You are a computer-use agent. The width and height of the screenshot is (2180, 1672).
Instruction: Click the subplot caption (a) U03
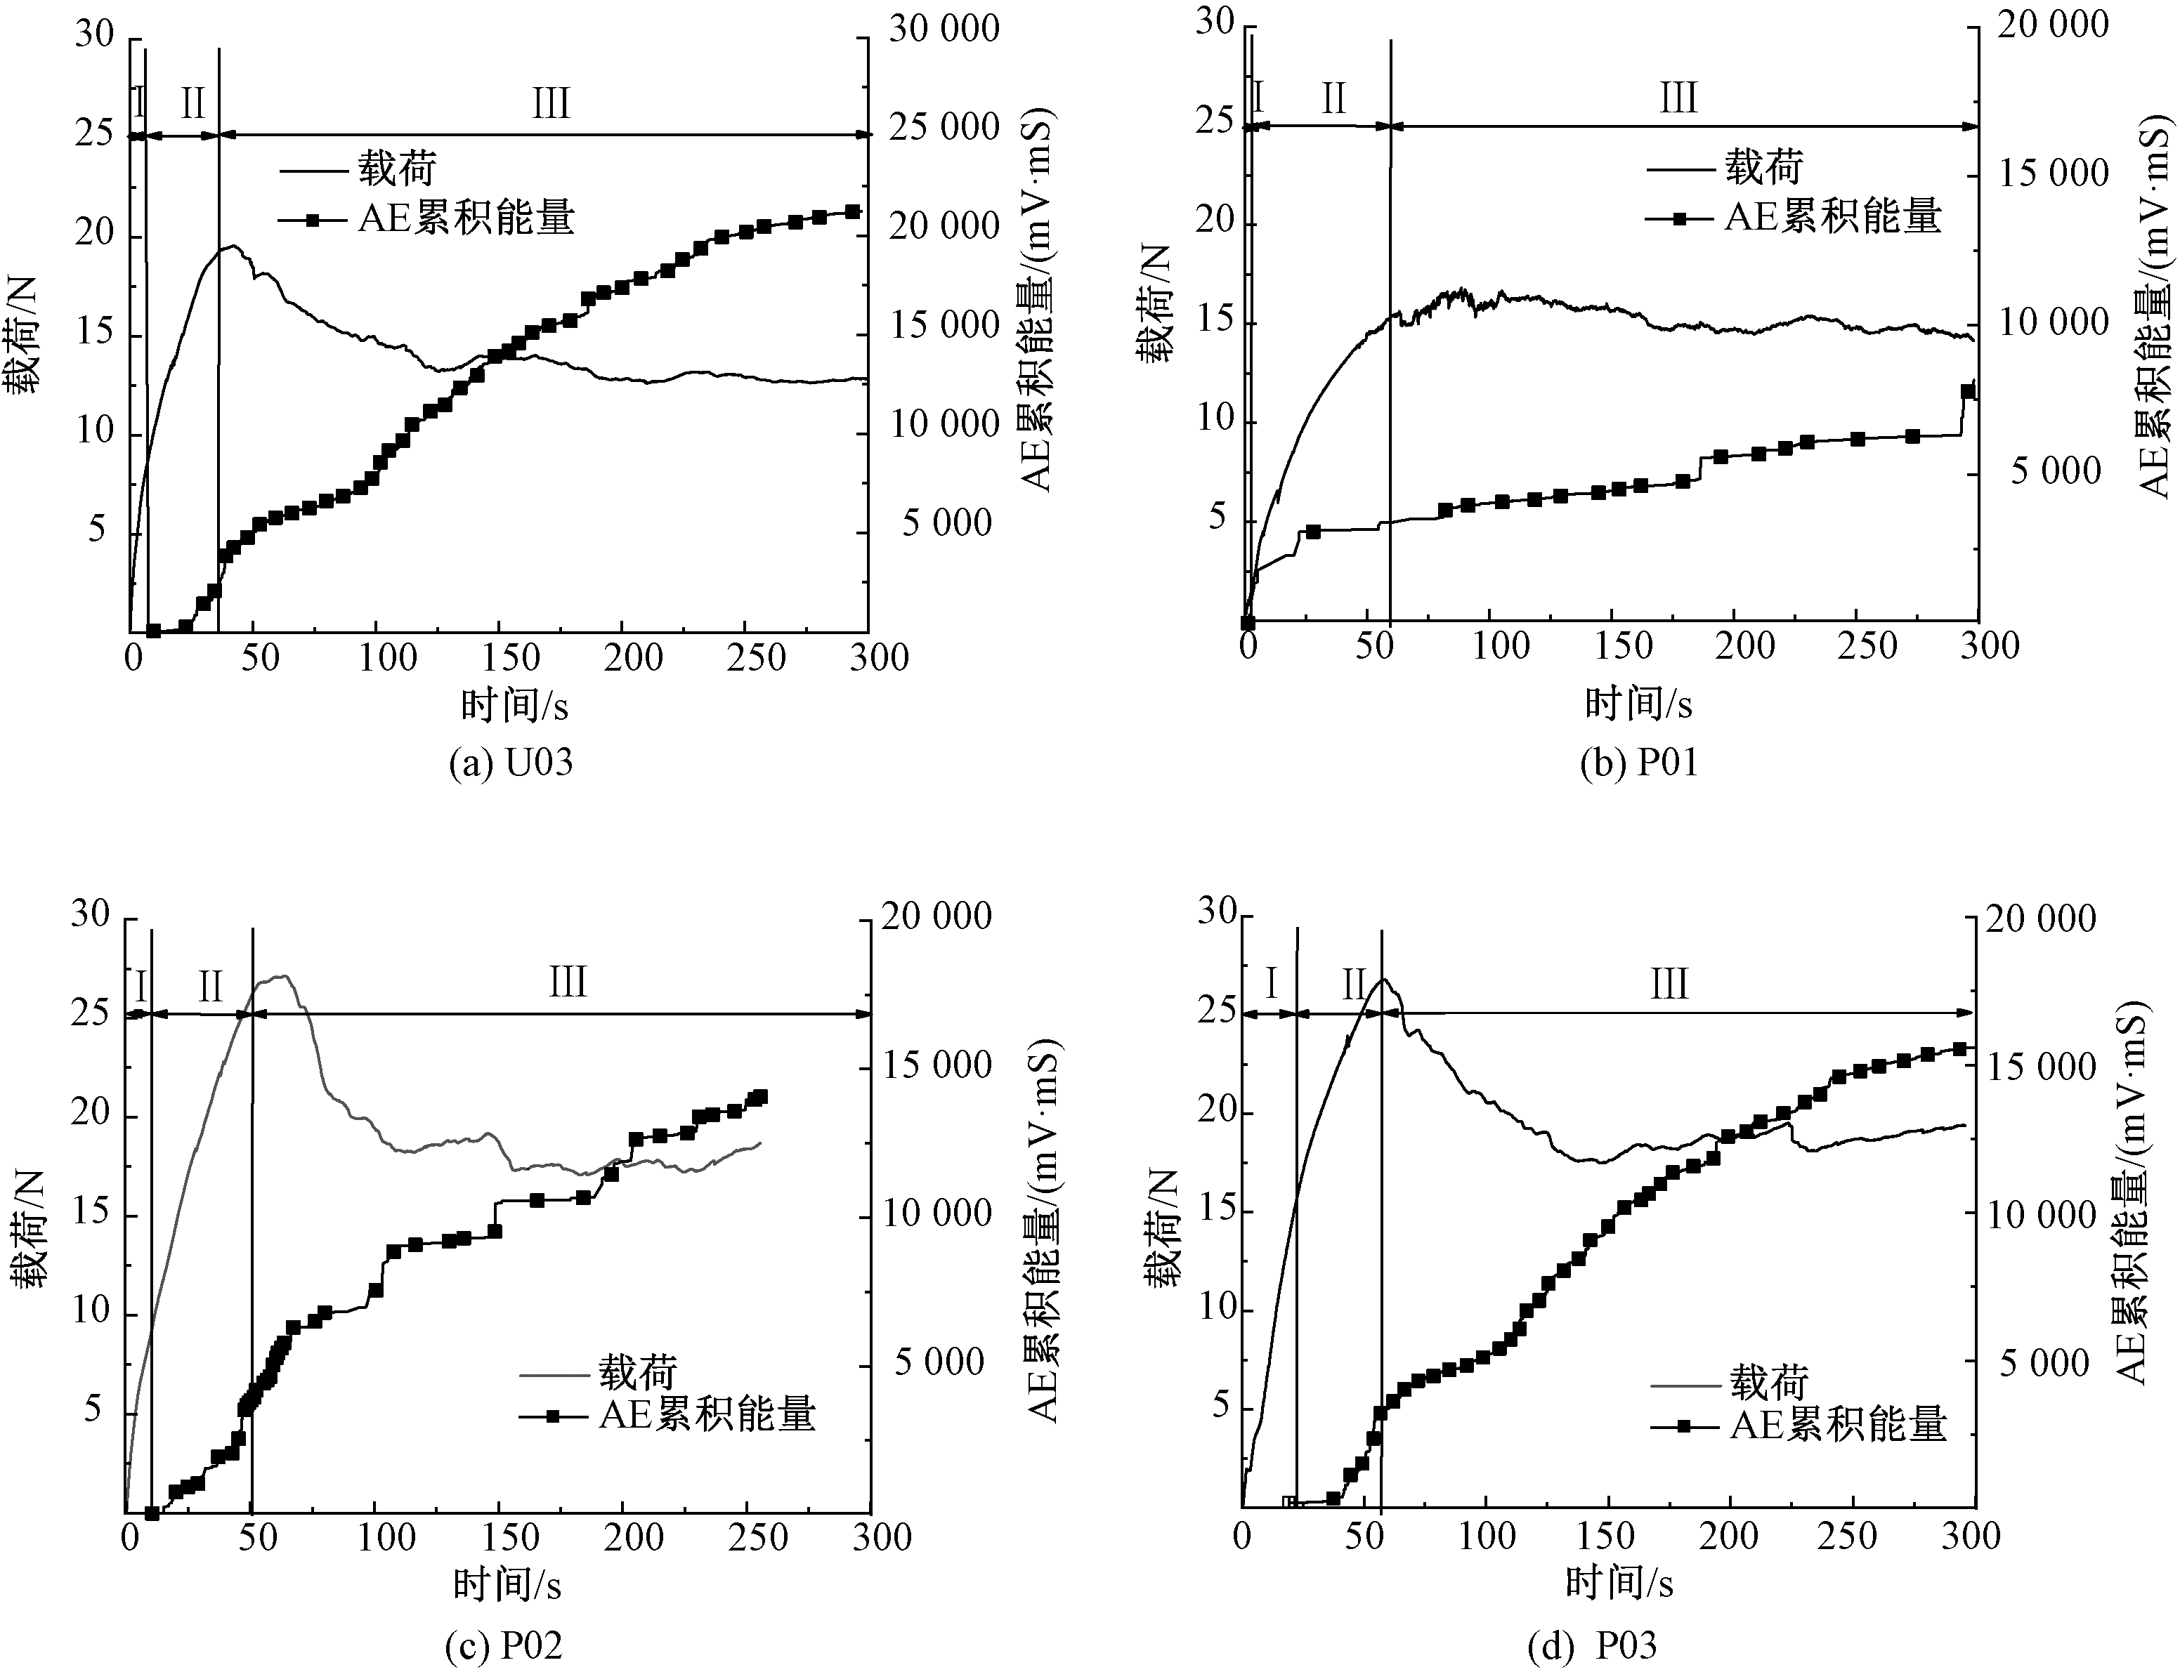pyautogui.click(x=511, y=763)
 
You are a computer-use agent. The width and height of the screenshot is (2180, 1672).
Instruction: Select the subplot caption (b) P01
pyautogui.click(x=1638, y=763)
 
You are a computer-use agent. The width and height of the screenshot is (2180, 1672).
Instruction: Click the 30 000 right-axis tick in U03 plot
pyautogui.click(x=944, y=29)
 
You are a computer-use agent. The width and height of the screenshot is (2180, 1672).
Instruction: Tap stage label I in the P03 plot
pyautogui.click(x=1271, y=985)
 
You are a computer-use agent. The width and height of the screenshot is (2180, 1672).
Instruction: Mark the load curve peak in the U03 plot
pyautogui.click(x=233, y=246)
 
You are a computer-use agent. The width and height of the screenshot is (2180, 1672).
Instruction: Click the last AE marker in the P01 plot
pyautogui.click(x=1967, y=391)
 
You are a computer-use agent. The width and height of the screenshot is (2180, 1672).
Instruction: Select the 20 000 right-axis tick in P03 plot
pyautogui.click(x=2041, y=918)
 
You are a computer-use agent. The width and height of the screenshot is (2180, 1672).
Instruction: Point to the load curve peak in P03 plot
pyautogui.click(x=1383, y=980)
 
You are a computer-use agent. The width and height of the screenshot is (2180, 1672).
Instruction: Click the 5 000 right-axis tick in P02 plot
pyautogui.click(x=939, y=1362)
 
